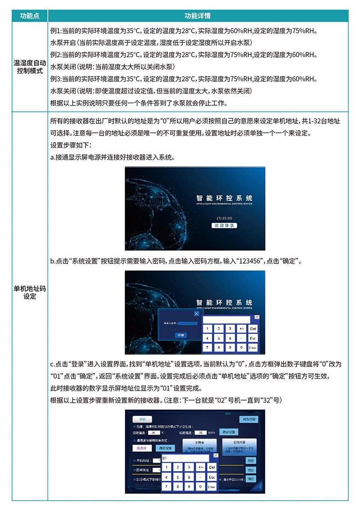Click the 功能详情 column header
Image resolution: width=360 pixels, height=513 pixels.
coord(198,16)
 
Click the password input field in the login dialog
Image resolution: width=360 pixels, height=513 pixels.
coord(188,323)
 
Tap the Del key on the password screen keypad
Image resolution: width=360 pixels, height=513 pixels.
coord(253,329)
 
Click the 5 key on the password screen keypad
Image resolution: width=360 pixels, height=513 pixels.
coord(218,338)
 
